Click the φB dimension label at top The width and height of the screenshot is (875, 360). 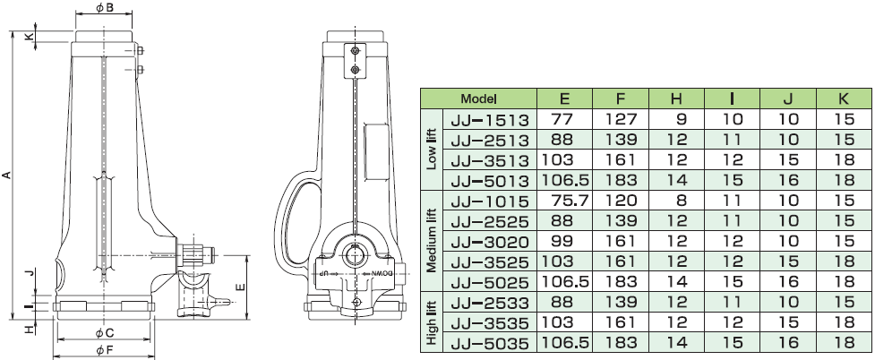click(105, 7)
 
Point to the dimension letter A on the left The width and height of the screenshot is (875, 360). click(6, 176)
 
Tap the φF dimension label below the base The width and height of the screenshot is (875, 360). click(104, 350)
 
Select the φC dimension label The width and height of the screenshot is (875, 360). click(104, 333)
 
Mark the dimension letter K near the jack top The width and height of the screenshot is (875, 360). click(30, 37)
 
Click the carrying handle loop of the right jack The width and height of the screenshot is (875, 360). click(293, 223)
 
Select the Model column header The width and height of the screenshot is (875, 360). click(478, 99)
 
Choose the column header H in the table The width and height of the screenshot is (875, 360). click(676, 99)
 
